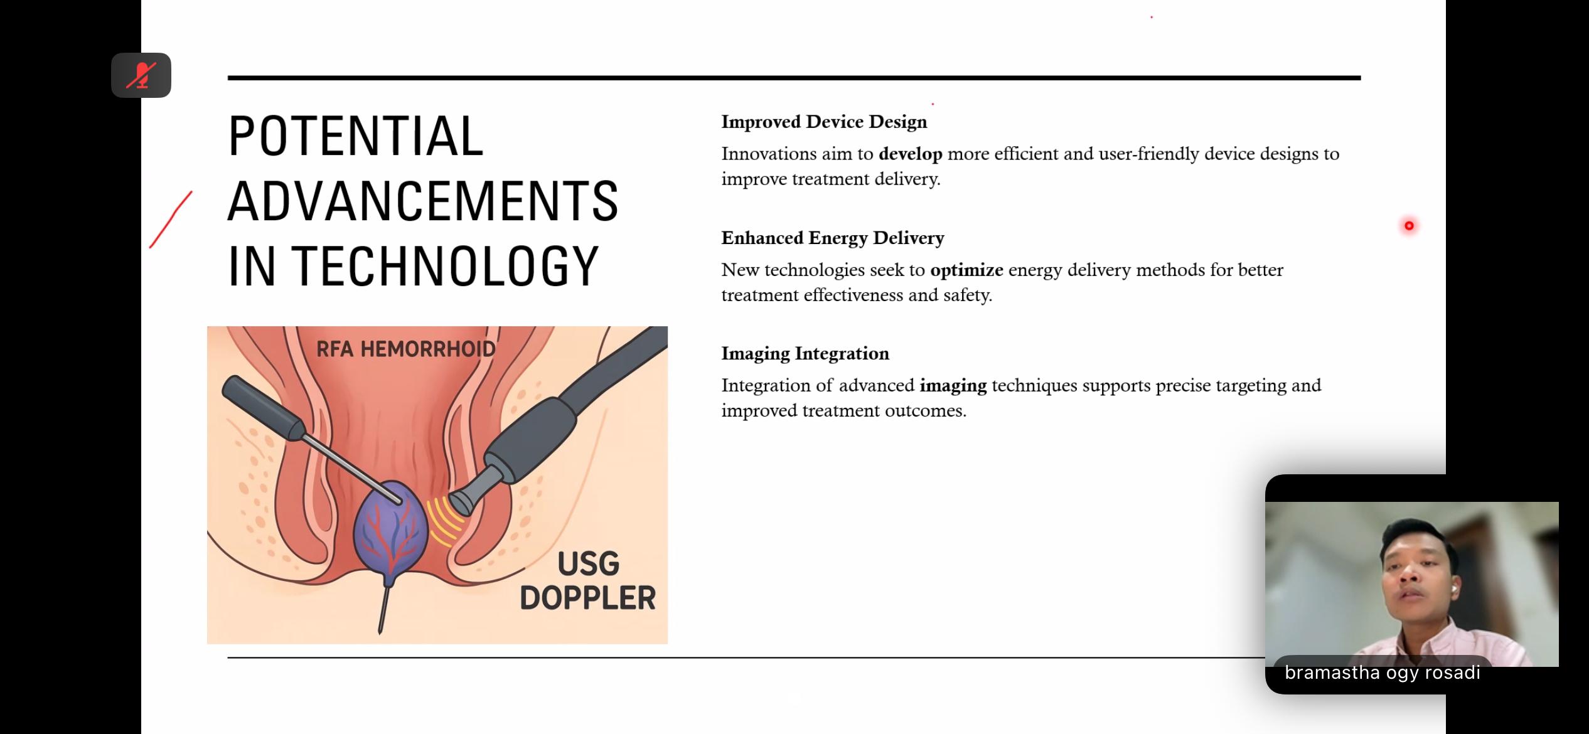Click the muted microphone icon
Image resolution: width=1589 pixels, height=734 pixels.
[x=141, y=75]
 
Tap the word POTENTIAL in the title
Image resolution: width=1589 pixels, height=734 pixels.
[x=355, y=136]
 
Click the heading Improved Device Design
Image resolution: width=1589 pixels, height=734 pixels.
[x=823, y=122]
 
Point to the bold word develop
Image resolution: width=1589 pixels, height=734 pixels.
[x=910, y=154]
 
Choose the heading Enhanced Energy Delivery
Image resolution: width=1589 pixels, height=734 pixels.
[x=832, y=238]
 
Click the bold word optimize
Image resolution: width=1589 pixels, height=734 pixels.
[x=966, y=270]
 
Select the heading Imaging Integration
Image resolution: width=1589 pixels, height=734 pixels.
[x=805, y=353]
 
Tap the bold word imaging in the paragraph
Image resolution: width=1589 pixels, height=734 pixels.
[x=953, y=385]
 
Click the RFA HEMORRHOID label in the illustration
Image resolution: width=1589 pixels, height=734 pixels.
[x=405, y=349]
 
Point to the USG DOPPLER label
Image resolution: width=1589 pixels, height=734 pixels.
[x=587, y=581]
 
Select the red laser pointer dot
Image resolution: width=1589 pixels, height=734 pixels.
[x=1409, y=226]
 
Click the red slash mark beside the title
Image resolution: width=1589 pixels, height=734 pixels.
[x=171, y=220]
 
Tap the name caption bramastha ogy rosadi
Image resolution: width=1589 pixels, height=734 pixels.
[x=1382, y=673]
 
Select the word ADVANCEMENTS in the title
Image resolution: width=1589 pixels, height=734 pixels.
[x=422, y=201]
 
